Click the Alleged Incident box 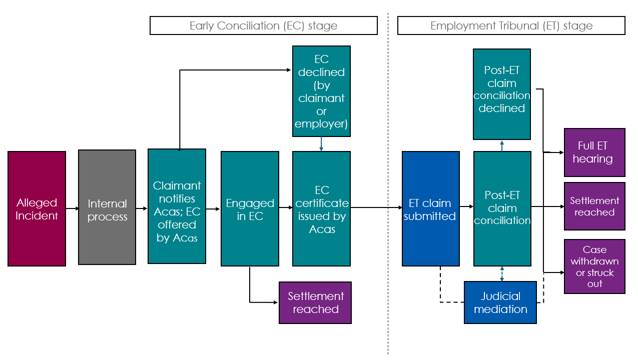37,208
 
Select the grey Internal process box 107,207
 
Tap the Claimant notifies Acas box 177,206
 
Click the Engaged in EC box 250,208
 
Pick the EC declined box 321,91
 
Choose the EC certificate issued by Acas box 321,208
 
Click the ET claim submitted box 430,208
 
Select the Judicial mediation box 500,302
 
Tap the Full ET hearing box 594,152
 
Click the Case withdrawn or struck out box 594,266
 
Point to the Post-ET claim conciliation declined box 502,94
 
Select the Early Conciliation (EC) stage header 263,25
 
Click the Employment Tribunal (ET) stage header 511,25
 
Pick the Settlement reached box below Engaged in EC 315,302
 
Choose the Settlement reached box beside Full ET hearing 594,206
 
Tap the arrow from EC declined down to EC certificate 321,144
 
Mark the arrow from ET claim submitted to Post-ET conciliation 466,206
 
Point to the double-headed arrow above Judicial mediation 502,273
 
